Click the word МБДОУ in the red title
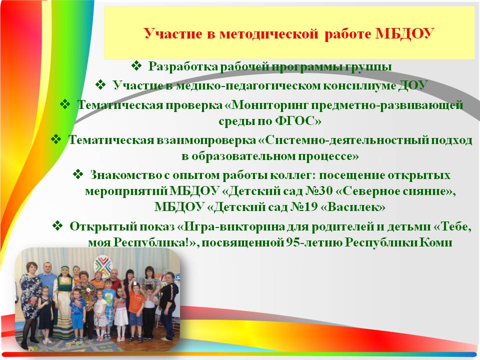(x=404, y=33)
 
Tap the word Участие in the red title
(x=173, y=33)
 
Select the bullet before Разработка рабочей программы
(x=136, y=66)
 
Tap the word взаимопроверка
(x=206, y=140)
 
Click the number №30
(x=319, y=191)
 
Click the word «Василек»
(x=352, y=207)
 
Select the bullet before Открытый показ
(x=57, y=226)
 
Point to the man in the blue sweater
(x=47, y=281)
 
